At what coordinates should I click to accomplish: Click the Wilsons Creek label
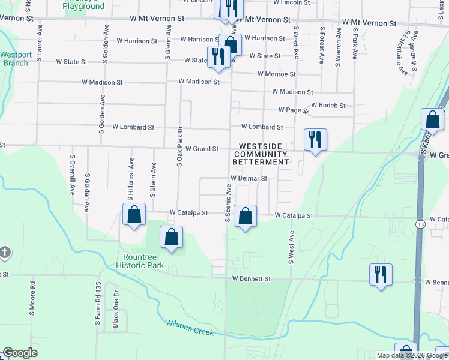click(189, 328)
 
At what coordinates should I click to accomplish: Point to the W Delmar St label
click(249, 178)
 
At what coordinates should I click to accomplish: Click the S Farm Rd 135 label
click(97, 303)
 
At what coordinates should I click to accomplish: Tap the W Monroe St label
click(276, 74)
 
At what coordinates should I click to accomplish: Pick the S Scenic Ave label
click(228, 202)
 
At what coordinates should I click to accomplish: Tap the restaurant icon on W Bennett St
click(381, 274)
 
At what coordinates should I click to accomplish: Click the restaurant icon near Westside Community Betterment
click(315, 139)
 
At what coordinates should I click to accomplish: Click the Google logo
click(20, 353)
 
